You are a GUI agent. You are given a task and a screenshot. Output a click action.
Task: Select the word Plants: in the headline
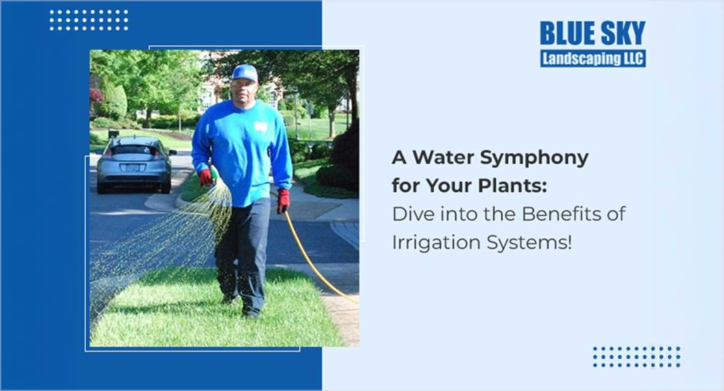(x=512, y=186)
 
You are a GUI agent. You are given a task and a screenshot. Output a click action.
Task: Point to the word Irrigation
(x=436, y=242)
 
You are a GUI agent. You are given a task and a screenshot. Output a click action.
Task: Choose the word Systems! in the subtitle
(x=529, y=243)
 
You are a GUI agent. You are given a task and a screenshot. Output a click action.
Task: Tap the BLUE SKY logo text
(x=593, y=33)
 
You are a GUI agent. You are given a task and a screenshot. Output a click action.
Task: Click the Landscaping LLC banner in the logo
(x=593, y=59)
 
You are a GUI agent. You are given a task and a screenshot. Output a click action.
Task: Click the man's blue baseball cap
(x=245, y=73)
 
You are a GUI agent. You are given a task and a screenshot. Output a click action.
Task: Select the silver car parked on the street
(x=135, y=164)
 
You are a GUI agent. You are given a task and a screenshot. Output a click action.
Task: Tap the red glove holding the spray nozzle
(x=206, y=177)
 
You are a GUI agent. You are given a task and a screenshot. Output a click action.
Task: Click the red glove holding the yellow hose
(x=283, y=201)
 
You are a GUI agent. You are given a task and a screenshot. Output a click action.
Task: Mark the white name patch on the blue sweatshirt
(x=260, y=126)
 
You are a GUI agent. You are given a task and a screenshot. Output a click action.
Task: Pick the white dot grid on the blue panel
(x=89, y=20)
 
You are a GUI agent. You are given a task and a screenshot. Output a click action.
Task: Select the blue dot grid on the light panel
(x=637, y=357)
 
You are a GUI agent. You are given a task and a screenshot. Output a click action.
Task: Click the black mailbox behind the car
(x=113, y=133)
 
